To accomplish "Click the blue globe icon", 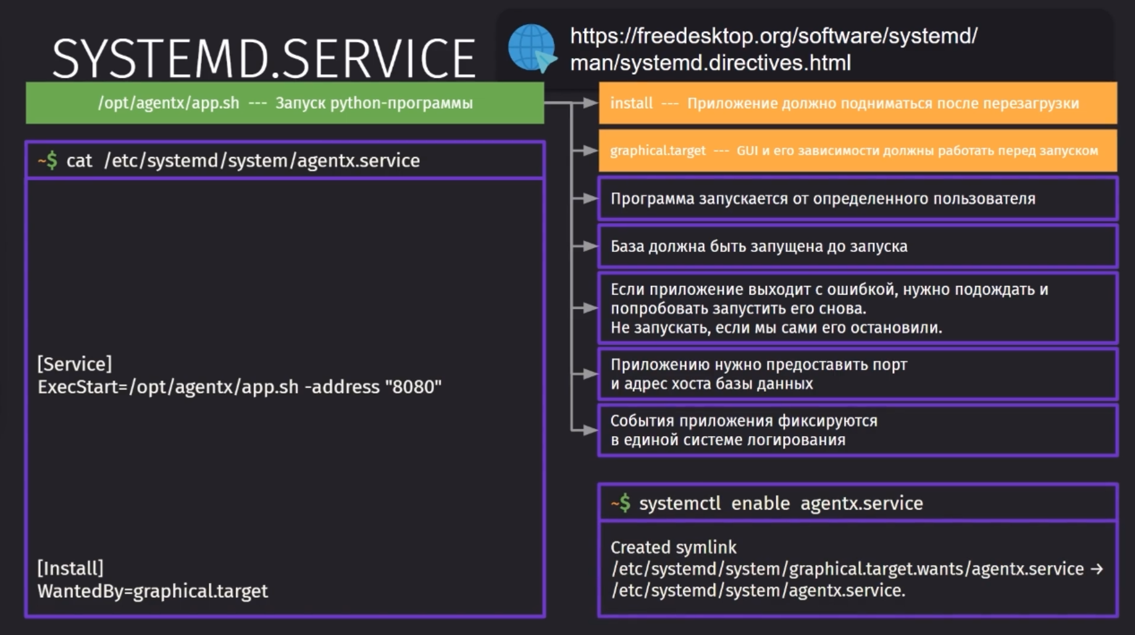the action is click(532, 48).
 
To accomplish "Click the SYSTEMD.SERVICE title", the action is click(264, 59).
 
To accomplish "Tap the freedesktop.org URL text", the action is click(774, 49).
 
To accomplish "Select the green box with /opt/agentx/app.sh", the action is click(285, 103).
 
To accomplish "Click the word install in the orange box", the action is click(631, 103).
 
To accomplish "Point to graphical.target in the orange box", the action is click(658, 151).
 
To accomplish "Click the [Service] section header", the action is click(75, 364).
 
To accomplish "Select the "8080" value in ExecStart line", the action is click(413, 387).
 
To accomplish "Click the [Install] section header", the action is click(70, 568).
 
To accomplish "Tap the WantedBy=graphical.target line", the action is click(153, 591).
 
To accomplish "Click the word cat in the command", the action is click(79, 161).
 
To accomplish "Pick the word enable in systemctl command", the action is click(760, 503).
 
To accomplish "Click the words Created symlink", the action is click(673, 547).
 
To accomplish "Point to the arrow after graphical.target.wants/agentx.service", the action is click(1097, 569).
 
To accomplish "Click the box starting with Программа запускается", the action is click(858, 199).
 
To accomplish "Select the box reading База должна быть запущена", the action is click(858, 246).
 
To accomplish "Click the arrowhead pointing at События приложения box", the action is click(591, 430).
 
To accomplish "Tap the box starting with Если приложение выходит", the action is click(858, 308).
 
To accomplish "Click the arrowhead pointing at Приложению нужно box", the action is click(591, 374).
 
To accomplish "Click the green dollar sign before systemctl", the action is click(625, 503).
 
